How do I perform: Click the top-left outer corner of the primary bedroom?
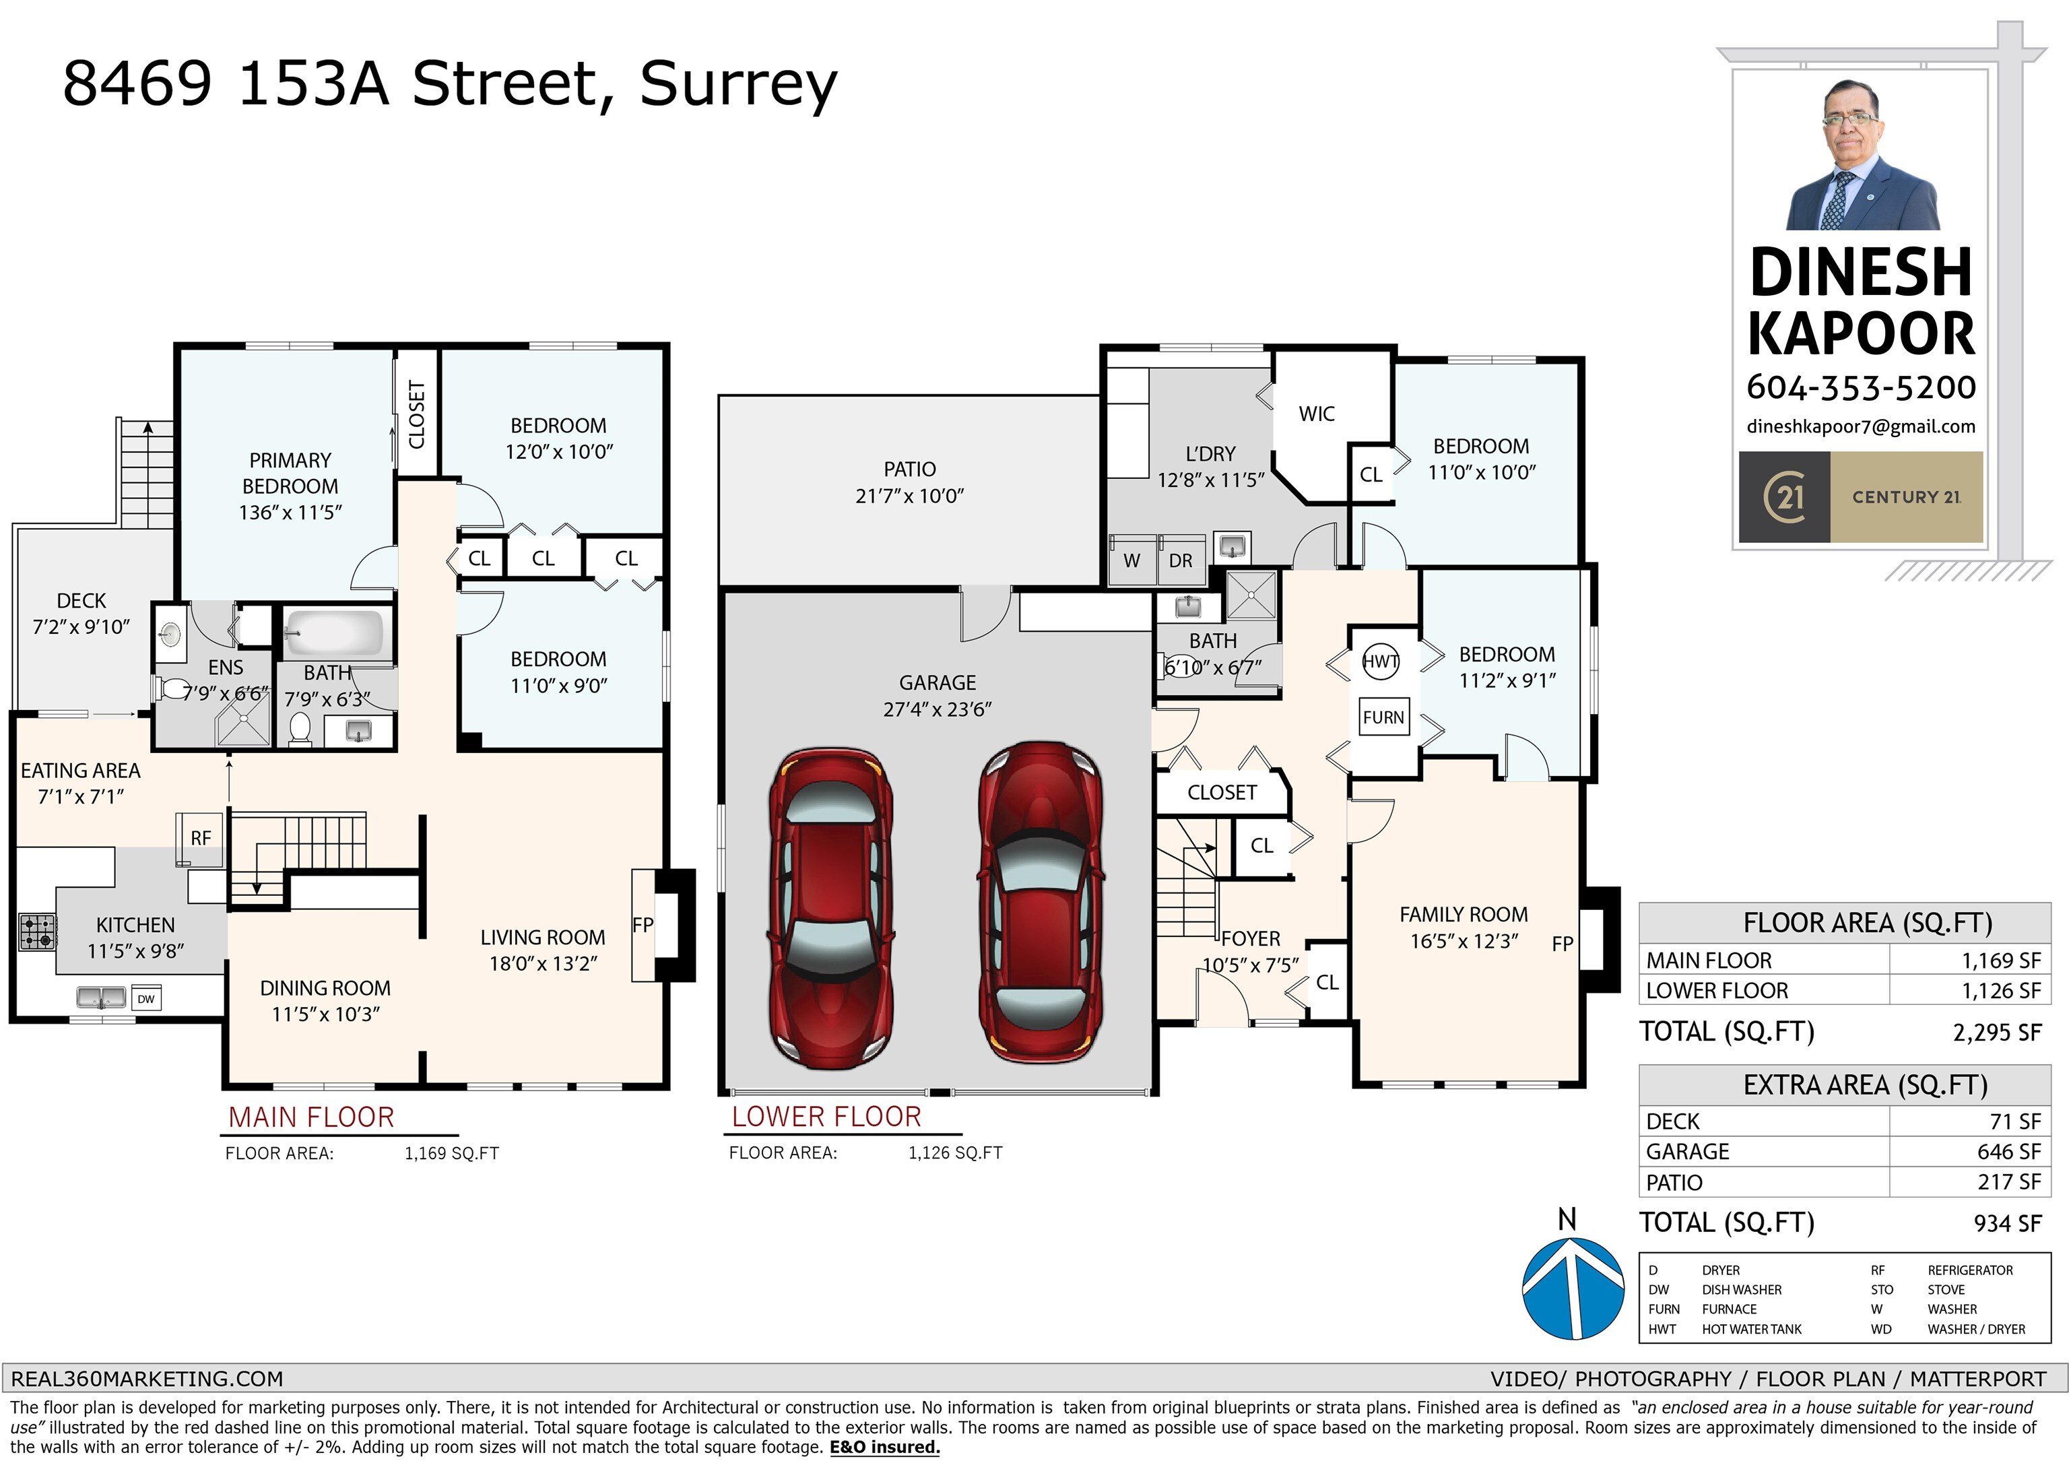pyautogui.click(x=176, y=344)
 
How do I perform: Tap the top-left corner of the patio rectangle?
pyautogui.click(x=719, y=395)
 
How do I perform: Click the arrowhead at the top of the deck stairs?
pyautogui.click(x=147, y=427)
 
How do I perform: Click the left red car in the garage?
pyautogui.click(x=829, y=908)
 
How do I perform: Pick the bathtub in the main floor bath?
pyautogui.click(x=334, y=632)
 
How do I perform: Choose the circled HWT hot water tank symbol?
pyautogui.click(x=1381, y=661)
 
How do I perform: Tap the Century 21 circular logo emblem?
pyautogui.click(x=1784, y=496)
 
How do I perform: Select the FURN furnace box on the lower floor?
pyautogui.click(x=1383, y=717)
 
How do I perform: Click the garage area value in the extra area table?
pyautogui.click(x=2008, y=1152)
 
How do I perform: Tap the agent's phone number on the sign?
pyautogui.click(x=1861, y=387)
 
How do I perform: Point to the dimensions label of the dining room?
pyautogui.click(x=325, y=1014)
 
